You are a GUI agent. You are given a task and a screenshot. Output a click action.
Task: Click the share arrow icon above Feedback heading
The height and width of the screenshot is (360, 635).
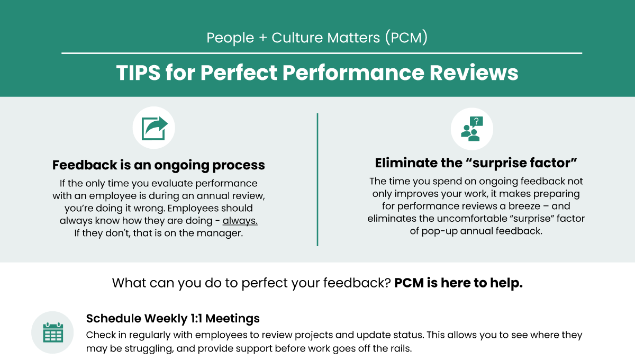(x=153, y=128)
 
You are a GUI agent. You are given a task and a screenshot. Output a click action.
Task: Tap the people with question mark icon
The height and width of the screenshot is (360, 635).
(x=471, y=129)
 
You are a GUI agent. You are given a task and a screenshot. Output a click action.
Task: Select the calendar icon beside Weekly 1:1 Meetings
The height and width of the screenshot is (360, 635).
(x=53, y=332)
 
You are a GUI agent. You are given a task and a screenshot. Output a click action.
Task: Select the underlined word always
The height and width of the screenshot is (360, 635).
(x=240, y=220)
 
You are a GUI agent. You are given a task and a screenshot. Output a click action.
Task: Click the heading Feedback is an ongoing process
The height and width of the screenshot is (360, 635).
(x=158, y=165)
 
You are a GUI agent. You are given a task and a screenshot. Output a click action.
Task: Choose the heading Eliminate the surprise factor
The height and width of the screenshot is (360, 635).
(x=475, y=163)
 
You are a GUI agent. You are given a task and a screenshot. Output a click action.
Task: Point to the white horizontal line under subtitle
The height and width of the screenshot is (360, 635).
(x=321, y=53)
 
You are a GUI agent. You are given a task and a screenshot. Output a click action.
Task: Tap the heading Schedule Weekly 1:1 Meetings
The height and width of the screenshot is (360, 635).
(x=173, y=319)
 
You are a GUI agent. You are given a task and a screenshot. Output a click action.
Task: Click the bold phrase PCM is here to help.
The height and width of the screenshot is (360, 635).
(x=458, y=283)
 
